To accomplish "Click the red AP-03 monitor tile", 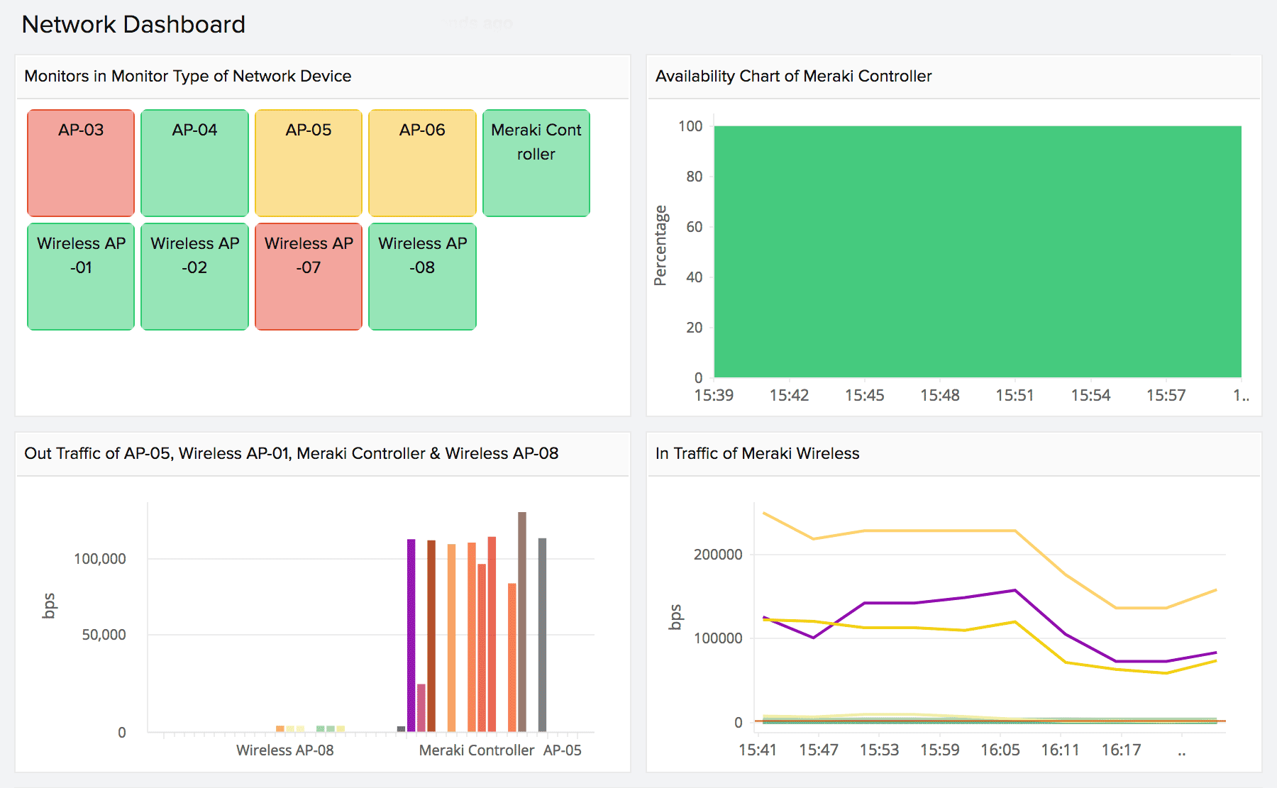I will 81,163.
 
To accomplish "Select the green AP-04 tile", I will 194,163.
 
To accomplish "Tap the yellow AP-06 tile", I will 422,163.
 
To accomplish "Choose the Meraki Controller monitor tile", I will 536,163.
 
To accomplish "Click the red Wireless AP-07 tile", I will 309,277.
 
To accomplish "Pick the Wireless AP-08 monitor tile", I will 422,277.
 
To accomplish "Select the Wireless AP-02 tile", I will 194,277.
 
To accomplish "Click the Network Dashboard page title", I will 133,25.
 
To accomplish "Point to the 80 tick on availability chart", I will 694,177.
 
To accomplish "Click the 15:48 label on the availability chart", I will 939,396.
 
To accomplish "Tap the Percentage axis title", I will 660,245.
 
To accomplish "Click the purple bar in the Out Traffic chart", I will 411,635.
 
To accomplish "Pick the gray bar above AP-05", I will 542,635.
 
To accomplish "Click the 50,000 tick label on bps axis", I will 104,635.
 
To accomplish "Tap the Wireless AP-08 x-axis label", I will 284,750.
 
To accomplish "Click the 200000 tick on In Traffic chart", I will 718,555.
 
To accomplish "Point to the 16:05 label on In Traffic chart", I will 1000,750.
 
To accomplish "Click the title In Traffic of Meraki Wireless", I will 757,453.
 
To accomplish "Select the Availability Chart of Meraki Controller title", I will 793,76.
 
